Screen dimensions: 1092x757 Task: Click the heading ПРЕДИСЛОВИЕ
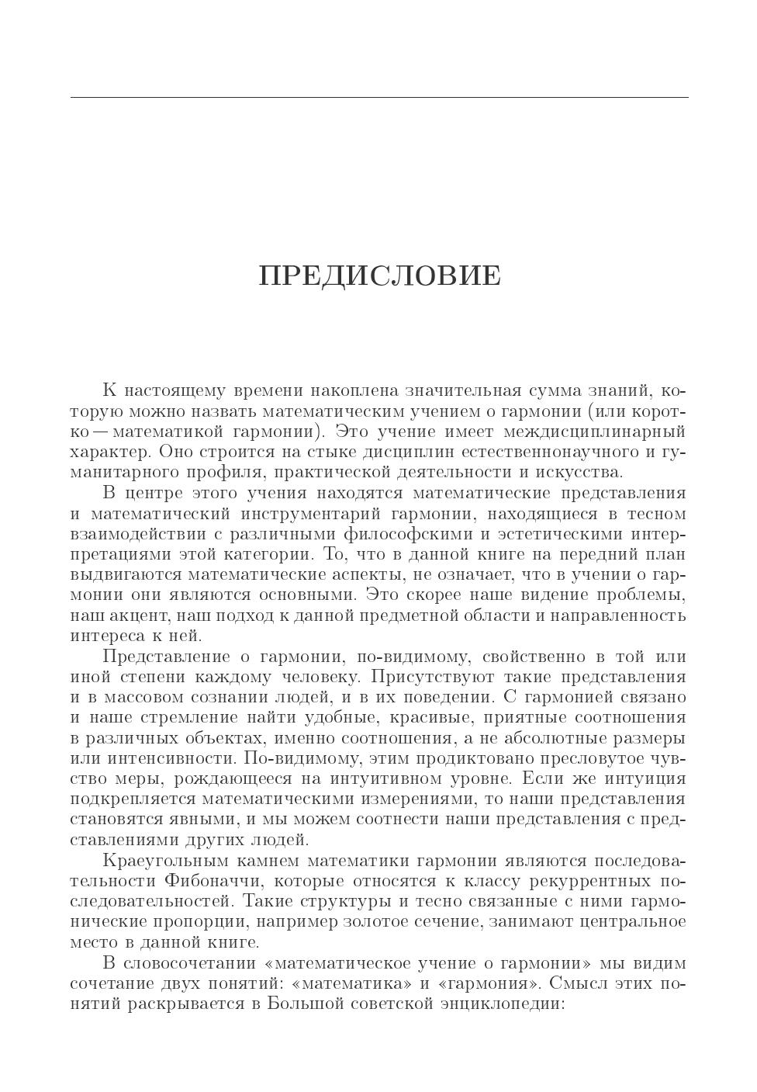[379, 276]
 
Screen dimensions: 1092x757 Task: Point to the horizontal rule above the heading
[379, 98]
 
